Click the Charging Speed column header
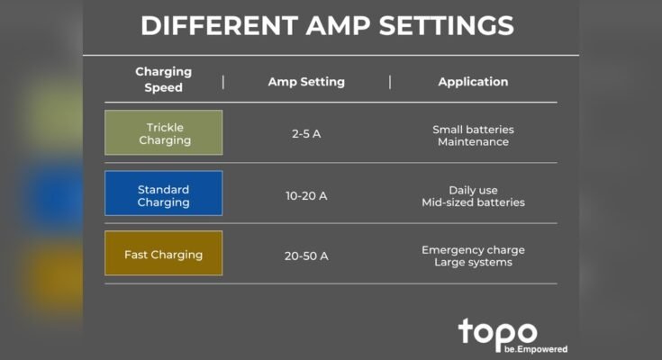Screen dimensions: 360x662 click(163, 79)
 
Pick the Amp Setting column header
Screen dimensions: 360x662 click(306, 82)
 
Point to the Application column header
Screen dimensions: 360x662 click(473, 82)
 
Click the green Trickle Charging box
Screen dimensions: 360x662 click(164, 133)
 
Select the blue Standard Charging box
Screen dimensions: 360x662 click(164, 194)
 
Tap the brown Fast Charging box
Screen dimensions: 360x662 click(164, 254)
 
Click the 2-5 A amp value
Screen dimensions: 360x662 click(306, 134)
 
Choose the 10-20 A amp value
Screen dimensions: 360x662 click(306, 195)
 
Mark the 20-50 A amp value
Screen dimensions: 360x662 click(306, 256)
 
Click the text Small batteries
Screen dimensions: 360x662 click(473, 129)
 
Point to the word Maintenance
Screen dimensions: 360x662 click(473, 141)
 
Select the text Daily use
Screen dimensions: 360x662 click(473, 190)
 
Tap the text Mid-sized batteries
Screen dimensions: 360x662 click(473, 202)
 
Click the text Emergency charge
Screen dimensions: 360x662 click(473, 249)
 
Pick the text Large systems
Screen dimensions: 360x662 click(473, 262)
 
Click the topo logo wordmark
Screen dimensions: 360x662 click(497, 331)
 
